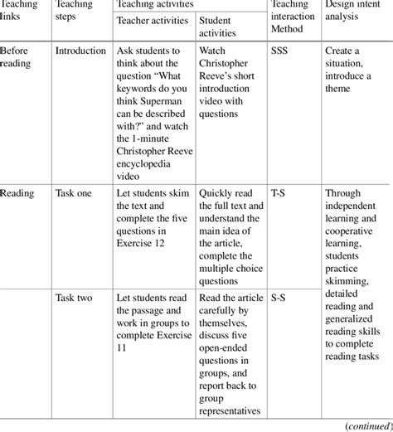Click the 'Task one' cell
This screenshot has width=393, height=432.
(x=75, y=195)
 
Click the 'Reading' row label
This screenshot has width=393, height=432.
(x=17, y=195)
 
